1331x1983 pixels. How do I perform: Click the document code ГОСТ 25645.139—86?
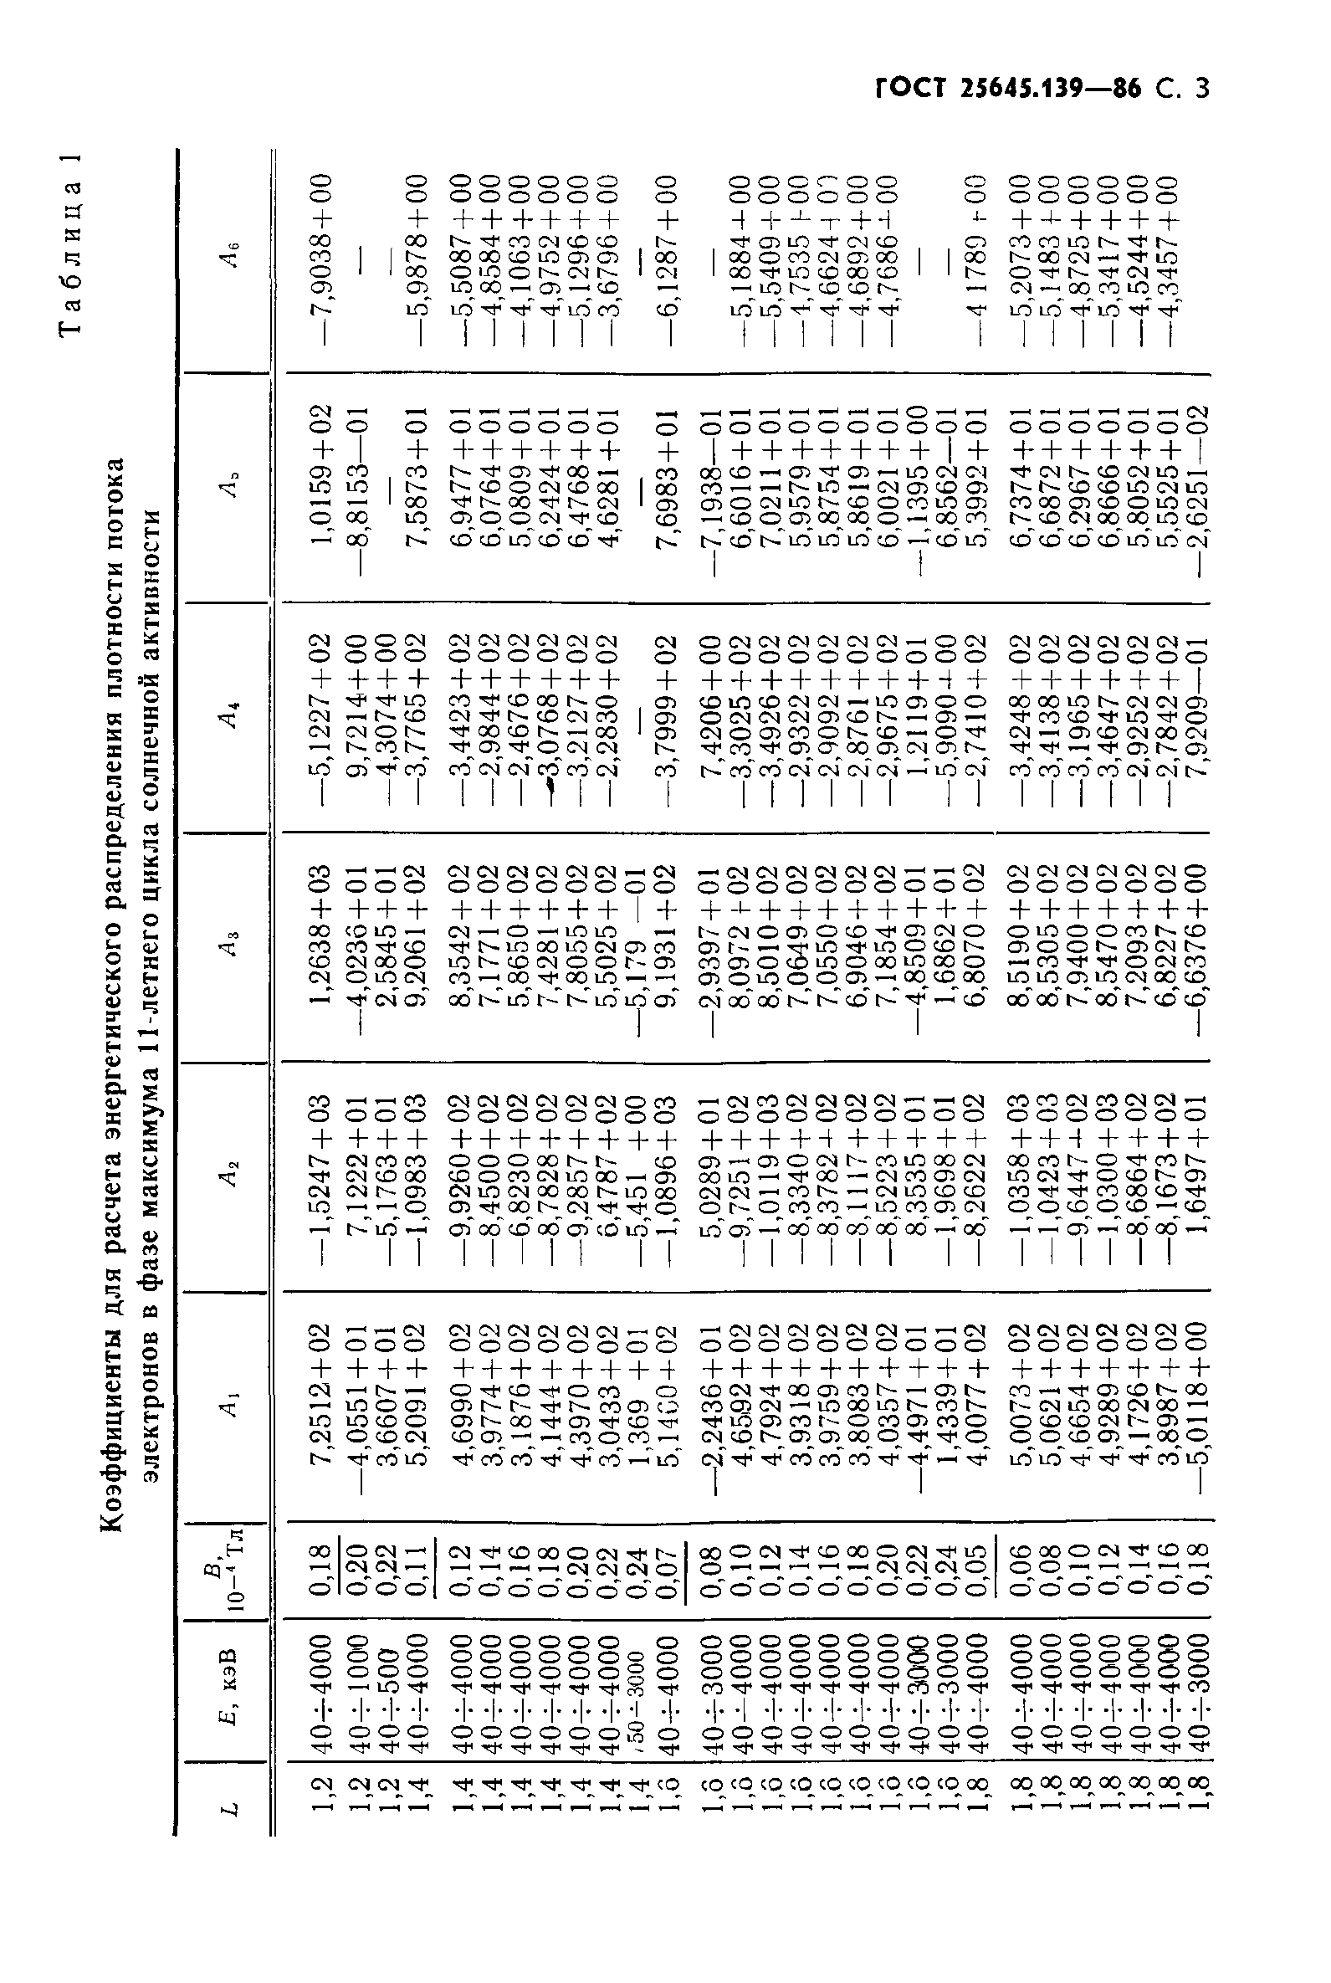tap(1008, 89)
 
